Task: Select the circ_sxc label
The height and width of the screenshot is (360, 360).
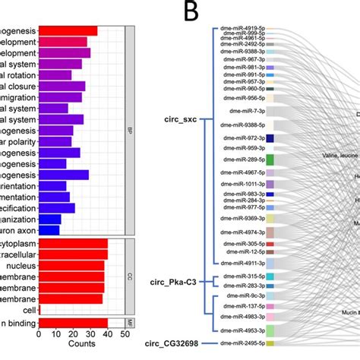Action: pyautogui.click(x=182, y=119)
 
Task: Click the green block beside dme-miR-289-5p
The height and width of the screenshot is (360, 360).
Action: pyautogui.click(x=270, y=160)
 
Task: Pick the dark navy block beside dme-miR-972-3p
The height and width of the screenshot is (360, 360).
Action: pyautogui.click(x=270, y=137)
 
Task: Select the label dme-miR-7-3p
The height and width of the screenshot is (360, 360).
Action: pyautogui.click(x=248, y=111)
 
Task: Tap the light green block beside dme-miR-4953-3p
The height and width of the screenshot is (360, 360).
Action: pyautogui.click(x=270, y=330)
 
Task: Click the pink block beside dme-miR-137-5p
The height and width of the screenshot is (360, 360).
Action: pyautogui.click(x=270, y=306)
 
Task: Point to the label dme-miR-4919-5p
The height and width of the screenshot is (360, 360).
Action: pyautogui.click(x=242, y=28)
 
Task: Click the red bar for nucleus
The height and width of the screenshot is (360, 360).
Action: pyautogui.click(x=71, y=267)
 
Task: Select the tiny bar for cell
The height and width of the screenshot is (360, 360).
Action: pyautogui.click(x=39, y=311)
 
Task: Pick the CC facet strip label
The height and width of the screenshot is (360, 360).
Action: pyautogui.click(x=129, y=276)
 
